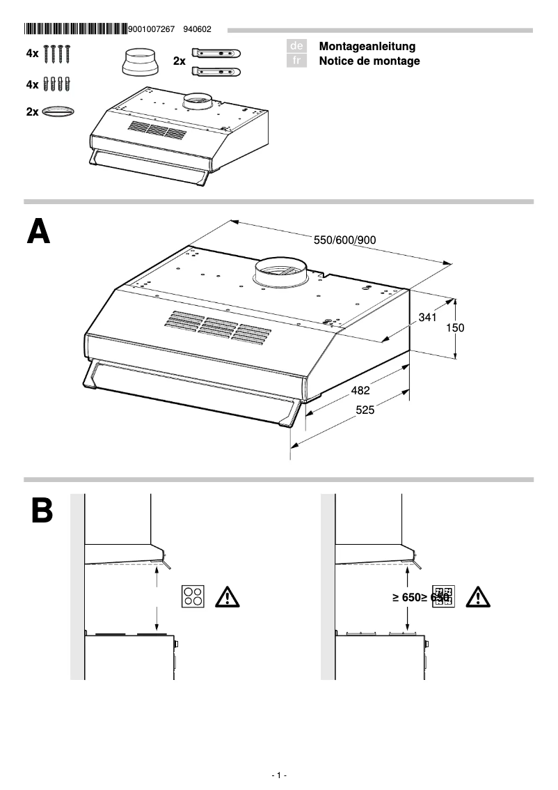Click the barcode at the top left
point(75,29)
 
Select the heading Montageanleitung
point(367,46)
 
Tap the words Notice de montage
point(369,61)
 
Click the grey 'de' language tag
point(296,46)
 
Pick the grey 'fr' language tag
point(296,61)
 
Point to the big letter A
point(38,231)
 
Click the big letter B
point(41,511)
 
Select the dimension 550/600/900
point(345,240)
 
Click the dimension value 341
point(427,318)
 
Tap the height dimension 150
point(454,327)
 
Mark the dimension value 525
point(365,410)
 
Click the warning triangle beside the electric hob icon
point(228,597)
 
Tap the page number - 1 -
point(279,775)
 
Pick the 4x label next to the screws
point(32,53)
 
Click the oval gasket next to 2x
point(58,111)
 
